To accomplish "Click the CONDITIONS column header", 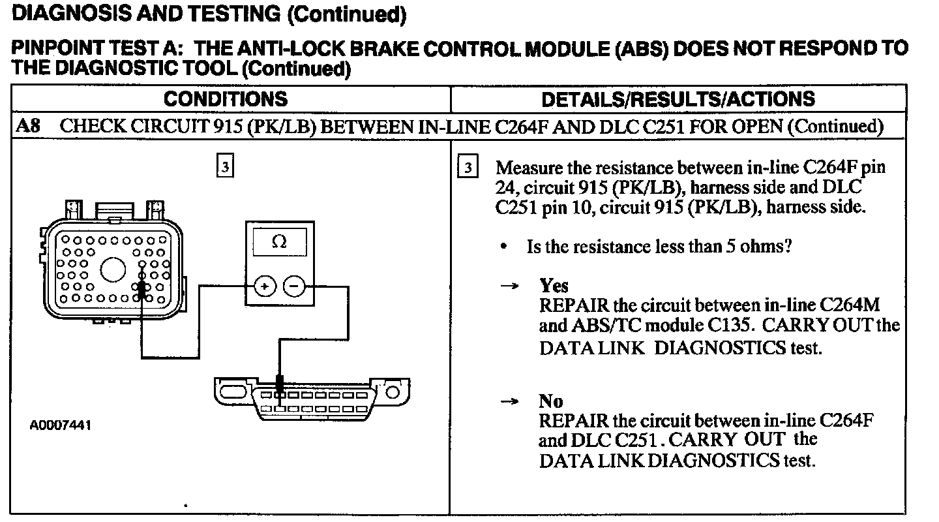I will [225, 99].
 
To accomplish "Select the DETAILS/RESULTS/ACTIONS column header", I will [678, 99].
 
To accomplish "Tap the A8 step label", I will [27, 126].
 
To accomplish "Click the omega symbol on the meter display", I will [278, 242].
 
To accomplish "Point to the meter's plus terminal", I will [265, 286].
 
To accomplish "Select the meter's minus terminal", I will [294, 286].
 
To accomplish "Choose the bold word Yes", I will [554, 286].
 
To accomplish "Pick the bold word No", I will [551, 400].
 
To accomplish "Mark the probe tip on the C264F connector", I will [142, 287].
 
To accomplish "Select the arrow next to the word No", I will [509, 401].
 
